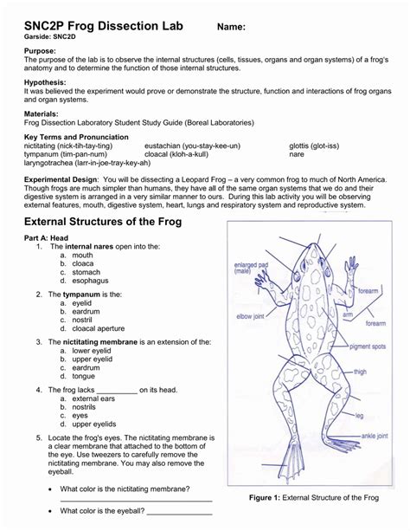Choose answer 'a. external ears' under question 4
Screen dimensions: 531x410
coord(93,398)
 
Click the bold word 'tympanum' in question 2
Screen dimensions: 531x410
coord(83,295)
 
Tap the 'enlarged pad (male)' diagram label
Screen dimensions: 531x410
coord(248,268)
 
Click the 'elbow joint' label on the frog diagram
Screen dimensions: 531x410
coord(251,316)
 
